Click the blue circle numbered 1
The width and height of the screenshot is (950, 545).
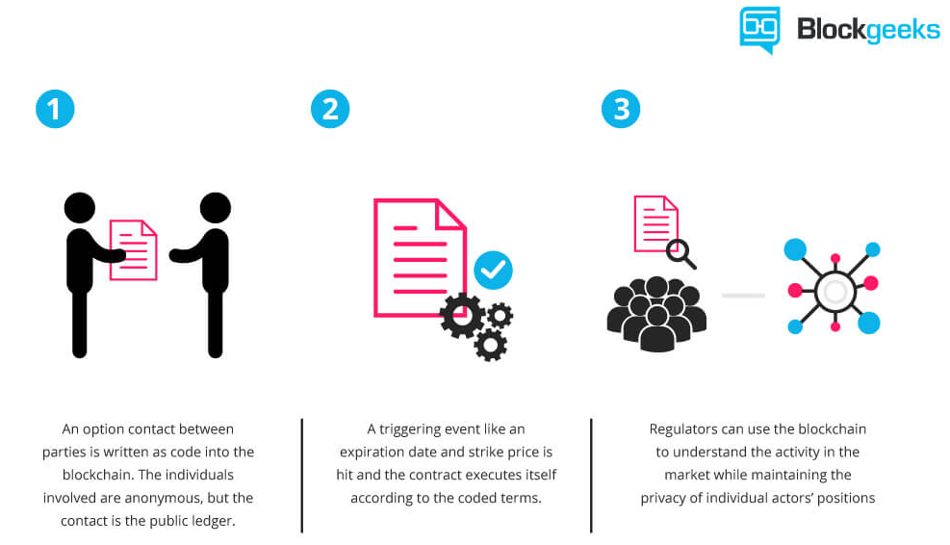[55, 109]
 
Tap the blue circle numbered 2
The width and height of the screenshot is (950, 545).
[330, 109]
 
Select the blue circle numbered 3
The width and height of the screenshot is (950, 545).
[621, 109]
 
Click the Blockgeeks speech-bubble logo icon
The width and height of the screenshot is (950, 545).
[759, 30]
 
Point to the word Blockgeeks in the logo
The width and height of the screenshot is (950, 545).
[868, 29]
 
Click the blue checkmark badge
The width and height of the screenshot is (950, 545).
[493, 270]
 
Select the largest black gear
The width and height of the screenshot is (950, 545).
[462, 315]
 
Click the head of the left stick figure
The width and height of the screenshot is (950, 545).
[80, 208]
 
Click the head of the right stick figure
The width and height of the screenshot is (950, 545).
[215, 208]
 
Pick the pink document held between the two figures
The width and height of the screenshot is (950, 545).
[133, 249]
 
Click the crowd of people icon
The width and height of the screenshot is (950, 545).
[656, 313]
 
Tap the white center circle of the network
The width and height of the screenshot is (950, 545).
[834, 292]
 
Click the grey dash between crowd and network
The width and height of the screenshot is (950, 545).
[743, 296]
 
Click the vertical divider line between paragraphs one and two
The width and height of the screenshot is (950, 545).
[301, 476]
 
